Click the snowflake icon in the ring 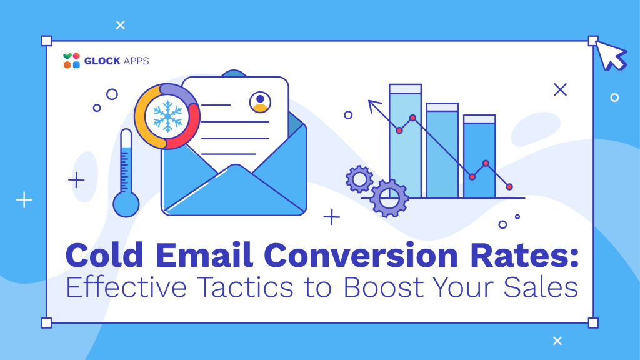click(167, 116)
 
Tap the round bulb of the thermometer click(126, 204)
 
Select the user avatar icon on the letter click(260, 102)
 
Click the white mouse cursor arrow click(611, 55)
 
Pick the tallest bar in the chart click(405, 141)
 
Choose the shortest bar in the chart click(479, 156)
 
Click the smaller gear click(359, 179)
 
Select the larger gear click(389, 198)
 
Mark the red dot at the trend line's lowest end click(509, 187)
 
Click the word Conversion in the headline click(361, 256)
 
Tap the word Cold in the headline click(104, 256)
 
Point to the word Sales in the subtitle click(541, 287)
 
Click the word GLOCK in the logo click(102, 61)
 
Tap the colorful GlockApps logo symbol click(71, 61)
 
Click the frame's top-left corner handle click(46, 41)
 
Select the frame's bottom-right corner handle click(593, 323)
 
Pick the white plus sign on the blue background click(24, 200)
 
